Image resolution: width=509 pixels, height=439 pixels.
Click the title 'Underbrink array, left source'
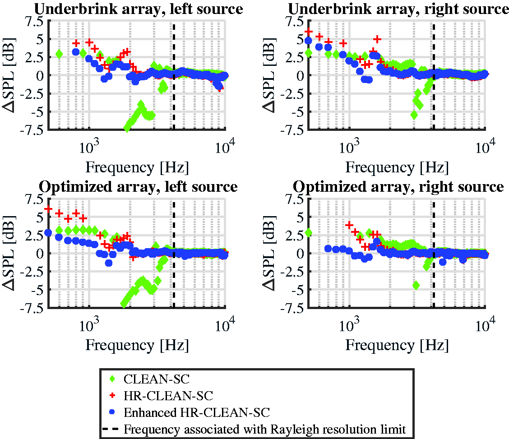(139, 9)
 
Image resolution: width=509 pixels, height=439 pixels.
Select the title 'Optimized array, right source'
(398, 187)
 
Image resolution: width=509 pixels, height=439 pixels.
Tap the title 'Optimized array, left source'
(138, 187)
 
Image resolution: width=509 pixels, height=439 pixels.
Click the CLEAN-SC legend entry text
(157, 379)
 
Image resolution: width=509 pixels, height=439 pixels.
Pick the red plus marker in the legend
(112, 396)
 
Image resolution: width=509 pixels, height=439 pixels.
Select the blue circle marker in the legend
(112, 412)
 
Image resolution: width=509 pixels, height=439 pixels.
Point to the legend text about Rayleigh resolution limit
(265, 429)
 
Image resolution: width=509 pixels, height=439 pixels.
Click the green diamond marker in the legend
(112, 379)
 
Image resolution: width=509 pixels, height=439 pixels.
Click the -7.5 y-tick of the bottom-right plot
(291, 307)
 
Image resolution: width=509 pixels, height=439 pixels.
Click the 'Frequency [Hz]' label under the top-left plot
(137, 167)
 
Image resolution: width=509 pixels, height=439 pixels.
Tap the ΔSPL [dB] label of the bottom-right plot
(269, 253)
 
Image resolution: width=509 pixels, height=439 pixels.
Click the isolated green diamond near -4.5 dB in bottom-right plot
(416, 286)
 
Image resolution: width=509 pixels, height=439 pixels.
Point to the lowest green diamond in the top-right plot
(414, 115)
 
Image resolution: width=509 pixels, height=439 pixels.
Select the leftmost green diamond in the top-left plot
(59, 54)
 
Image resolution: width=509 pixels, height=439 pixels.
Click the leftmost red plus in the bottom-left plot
(48, 209)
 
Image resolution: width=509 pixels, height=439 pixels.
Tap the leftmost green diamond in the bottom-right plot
(308, 233)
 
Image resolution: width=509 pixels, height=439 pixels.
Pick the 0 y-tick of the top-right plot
(299, 76)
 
